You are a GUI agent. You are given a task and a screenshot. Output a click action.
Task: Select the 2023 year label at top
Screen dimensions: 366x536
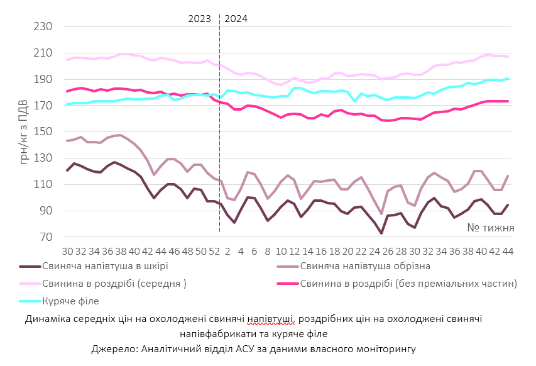point(200,18)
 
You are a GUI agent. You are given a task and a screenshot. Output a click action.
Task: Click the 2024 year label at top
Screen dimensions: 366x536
point(236,18)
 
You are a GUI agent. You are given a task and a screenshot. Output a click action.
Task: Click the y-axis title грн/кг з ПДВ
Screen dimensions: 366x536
point(25,132)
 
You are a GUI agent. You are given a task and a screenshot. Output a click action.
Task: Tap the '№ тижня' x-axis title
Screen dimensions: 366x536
point(491,228)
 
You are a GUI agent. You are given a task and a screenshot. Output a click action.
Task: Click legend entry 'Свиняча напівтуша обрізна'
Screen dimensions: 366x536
point(364,266)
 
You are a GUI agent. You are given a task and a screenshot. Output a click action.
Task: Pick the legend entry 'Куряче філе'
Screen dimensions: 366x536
point(70,301)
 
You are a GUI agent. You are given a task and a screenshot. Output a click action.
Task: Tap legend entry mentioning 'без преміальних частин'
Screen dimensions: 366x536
point(408,284)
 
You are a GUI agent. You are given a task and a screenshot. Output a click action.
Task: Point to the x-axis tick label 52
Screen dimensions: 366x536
point(214,251)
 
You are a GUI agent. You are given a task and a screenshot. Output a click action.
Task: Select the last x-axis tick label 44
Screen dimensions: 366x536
point(508,251)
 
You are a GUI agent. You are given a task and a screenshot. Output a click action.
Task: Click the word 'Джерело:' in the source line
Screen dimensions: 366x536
point(114,348)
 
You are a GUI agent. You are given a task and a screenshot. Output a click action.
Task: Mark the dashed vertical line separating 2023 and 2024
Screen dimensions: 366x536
point(219,126)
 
